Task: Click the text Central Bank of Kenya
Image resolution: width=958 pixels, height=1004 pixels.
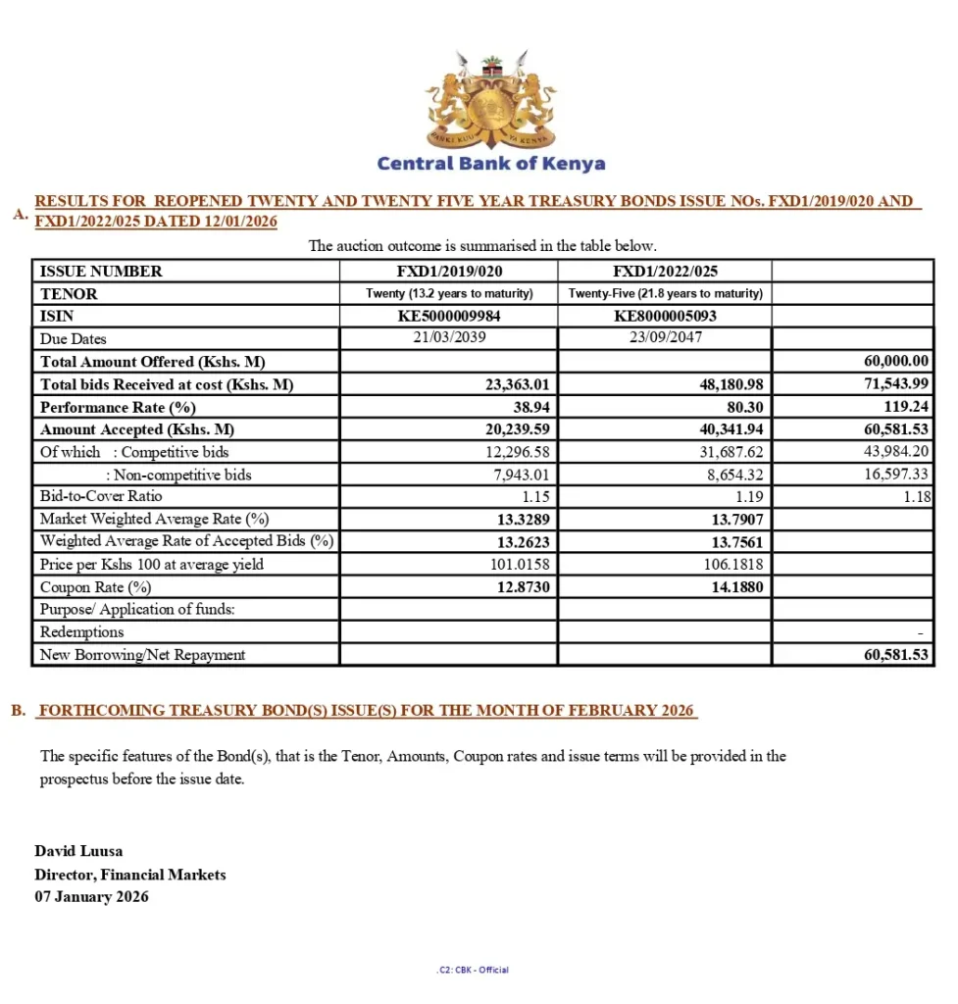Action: [x=490, y=164]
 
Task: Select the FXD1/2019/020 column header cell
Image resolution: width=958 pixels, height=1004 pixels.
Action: [x=448, y=272]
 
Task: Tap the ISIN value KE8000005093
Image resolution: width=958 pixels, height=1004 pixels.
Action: [x=665, y=317]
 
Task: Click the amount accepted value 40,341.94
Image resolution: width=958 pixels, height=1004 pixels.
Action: [x=728, y=429]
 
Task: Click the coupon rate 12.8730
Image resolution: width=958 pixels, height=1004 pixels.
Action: [x=523, y=587]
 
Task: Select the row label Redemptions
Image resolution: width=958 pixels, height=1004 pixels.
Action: [x=81, y=632]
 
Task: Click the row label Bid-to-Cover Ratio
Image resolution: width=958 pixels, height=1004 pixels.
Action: [x=101, y=497]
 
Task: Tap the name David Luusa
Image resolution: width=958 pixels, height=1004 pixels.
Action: [x=78, y=851]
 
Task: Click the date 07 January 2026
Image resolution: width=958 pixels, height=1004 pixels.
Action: [x=91, y=896]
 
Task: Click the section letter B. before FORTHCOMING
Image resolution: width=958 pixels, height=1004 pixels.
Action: [x=19, y=711]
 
